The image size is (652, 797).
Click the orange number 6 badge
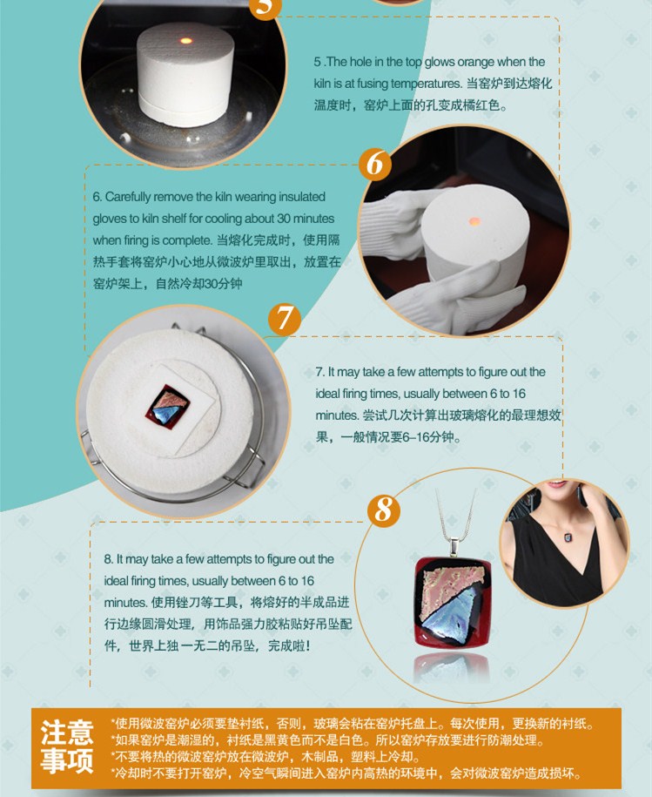375,164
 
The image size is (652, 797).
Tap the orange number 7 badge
285,319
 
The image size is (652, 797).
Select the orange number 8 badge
384,510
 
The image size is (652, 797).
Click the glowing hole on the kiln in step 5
186,40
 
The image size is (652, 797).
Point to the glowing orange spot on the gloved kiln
474,221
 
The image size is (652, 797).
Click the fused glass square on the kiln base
168,407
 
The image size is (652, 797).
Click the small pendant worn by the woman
567,537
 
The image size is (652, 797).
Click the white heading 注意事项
67,746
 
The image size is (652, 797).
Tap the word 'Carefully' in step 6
128,197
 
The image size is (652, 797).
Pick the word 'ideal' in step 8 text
116,581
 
